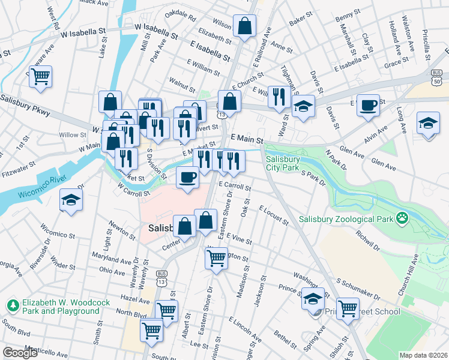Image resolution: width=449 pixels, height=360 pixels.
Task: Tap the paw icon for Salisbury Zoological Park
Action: [402, 219]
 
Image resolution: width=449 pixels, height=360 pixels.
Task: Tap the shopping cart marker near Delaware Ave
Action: [41, 76]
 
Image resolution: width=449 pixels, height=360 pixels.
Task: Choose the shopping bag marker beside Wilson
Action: [244, 26]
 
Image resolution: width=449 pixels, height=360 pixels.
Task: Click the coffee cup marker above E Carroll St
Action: [187, 178]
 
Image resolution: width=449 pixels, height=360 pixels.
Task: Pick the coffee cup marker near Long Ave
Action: [368, 105]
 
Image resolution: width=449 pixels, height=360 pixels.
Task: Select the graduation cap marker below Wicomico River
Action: [71, 200]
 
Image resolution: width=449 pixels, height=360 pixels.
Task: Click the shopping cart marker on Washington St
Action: [216, 259]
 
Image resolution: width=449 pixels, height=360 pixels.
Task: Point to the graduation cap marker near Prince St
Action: [312, 298]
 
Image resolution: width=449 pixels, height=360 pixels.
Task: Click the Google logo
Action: [20, 353]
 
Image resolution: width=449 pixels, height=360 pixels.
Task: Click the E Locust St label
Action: [274, 216]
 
